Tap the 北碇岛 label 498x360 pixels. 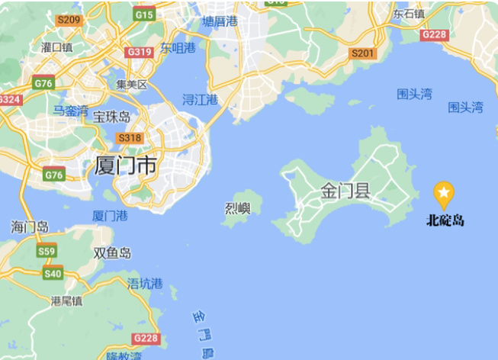click(x=445, y=221)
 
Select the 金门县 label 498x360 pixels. click(x=345, y=191)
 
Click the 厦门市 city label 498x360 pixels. click(x=126, y=165)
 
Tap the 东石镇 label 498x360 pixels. click(x=409, y=14)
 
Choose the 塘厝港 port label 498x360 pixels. click(x=220, y=21)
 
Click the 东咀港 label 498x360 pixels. click(x=177, y=49)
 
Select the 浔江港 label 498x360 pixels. click(x=201, y=100)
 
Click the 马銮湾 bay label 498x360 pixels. click(x=70, y=111)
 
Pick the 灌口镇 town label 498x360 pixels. click(x=56, y=47)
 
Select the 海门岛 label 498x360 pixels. click(x=30, y=227)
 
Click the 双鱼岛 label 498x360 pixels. click(x=112, y=253)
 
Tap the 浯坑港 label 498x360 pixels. click(x=145, y=284)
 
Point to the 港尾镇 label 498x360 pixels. click(x=66, y=301)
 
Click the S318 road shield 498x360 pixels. click(x=130, y=137)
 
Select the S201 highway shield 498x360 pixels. click(x=362, y=53)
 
